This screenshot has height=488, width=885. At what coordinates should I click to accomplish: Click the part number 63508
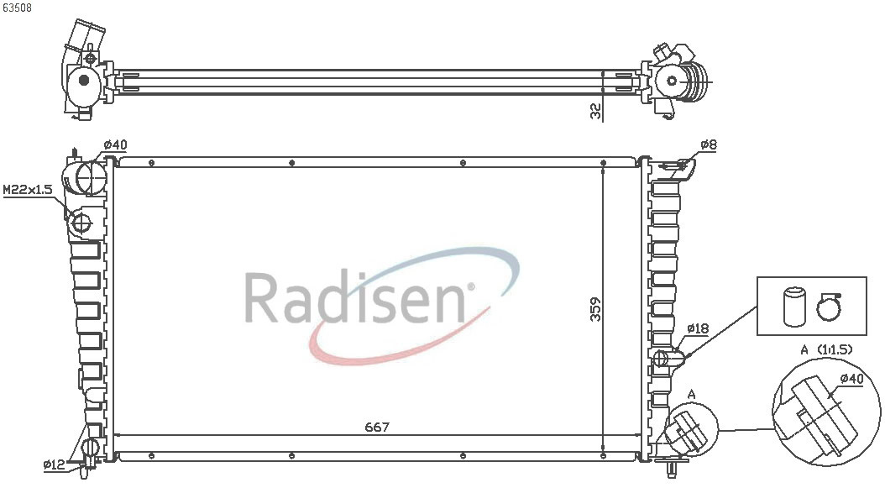tap(16, 8)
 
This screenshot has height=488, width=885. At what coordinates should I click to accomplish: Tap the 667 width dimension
tap(376, 427)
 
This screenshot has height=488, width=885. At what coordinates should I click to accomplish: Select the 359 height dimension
tap(595, 309)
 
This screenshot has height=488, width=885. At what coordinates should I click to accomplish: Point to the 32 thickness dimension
tap(595, 111)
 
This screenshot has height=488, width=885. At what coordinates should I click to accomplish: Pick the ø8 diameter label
tap(709, 145)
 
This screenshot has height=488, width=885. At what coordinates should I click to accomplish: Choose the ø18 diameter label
tap(698, 328)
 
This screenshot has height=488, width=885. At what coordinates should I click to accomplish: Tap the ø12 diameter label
tap(55, 464)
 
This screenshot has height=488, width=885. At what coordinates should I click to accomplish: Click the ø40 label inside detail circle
tap(851, 379)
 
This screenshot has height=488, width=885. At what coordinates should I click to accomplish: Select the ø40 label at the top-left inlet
tap(115, 144)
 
